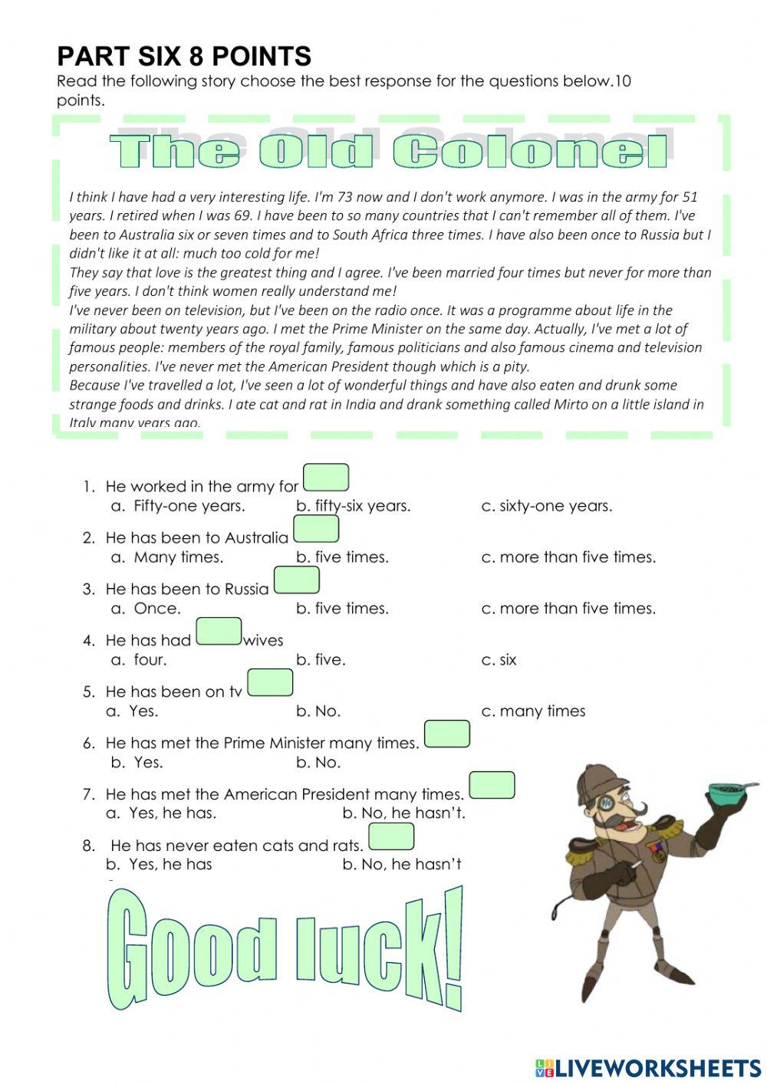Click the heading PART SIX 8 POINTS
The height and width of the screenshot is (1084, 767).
[184, 56]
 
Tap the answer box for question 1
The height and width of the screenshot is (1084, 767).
[326, 478]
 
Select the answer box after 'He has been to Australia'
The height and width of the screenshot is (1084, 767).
[316, 529]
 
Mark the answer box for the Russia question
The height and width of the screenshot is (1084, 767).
[296, 580]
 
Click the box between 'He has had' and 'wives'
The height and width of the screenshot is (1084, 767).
[219, 632]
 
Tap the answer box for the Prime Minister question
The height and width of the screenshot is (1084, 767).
[446, 734]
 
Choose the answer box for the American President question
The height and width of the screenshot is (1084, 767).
[492, 785]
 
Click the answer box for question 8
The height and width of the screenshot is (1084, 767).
[391, 836]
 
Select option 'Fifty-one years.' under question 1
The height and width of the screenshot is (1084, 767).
[189, 506]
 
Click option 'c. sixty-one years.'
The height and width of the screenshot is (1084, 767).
[546, 506]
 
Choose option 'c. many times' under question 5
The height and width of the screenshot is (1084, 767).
[533, 711]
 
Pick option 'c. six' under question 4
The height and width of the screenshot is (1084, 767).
[499, 660]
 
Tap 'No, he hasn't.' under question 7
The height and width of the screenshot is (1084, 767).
[403, 813]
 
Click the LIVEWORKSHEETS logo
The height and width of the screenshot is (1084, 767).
[648, 1067]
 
